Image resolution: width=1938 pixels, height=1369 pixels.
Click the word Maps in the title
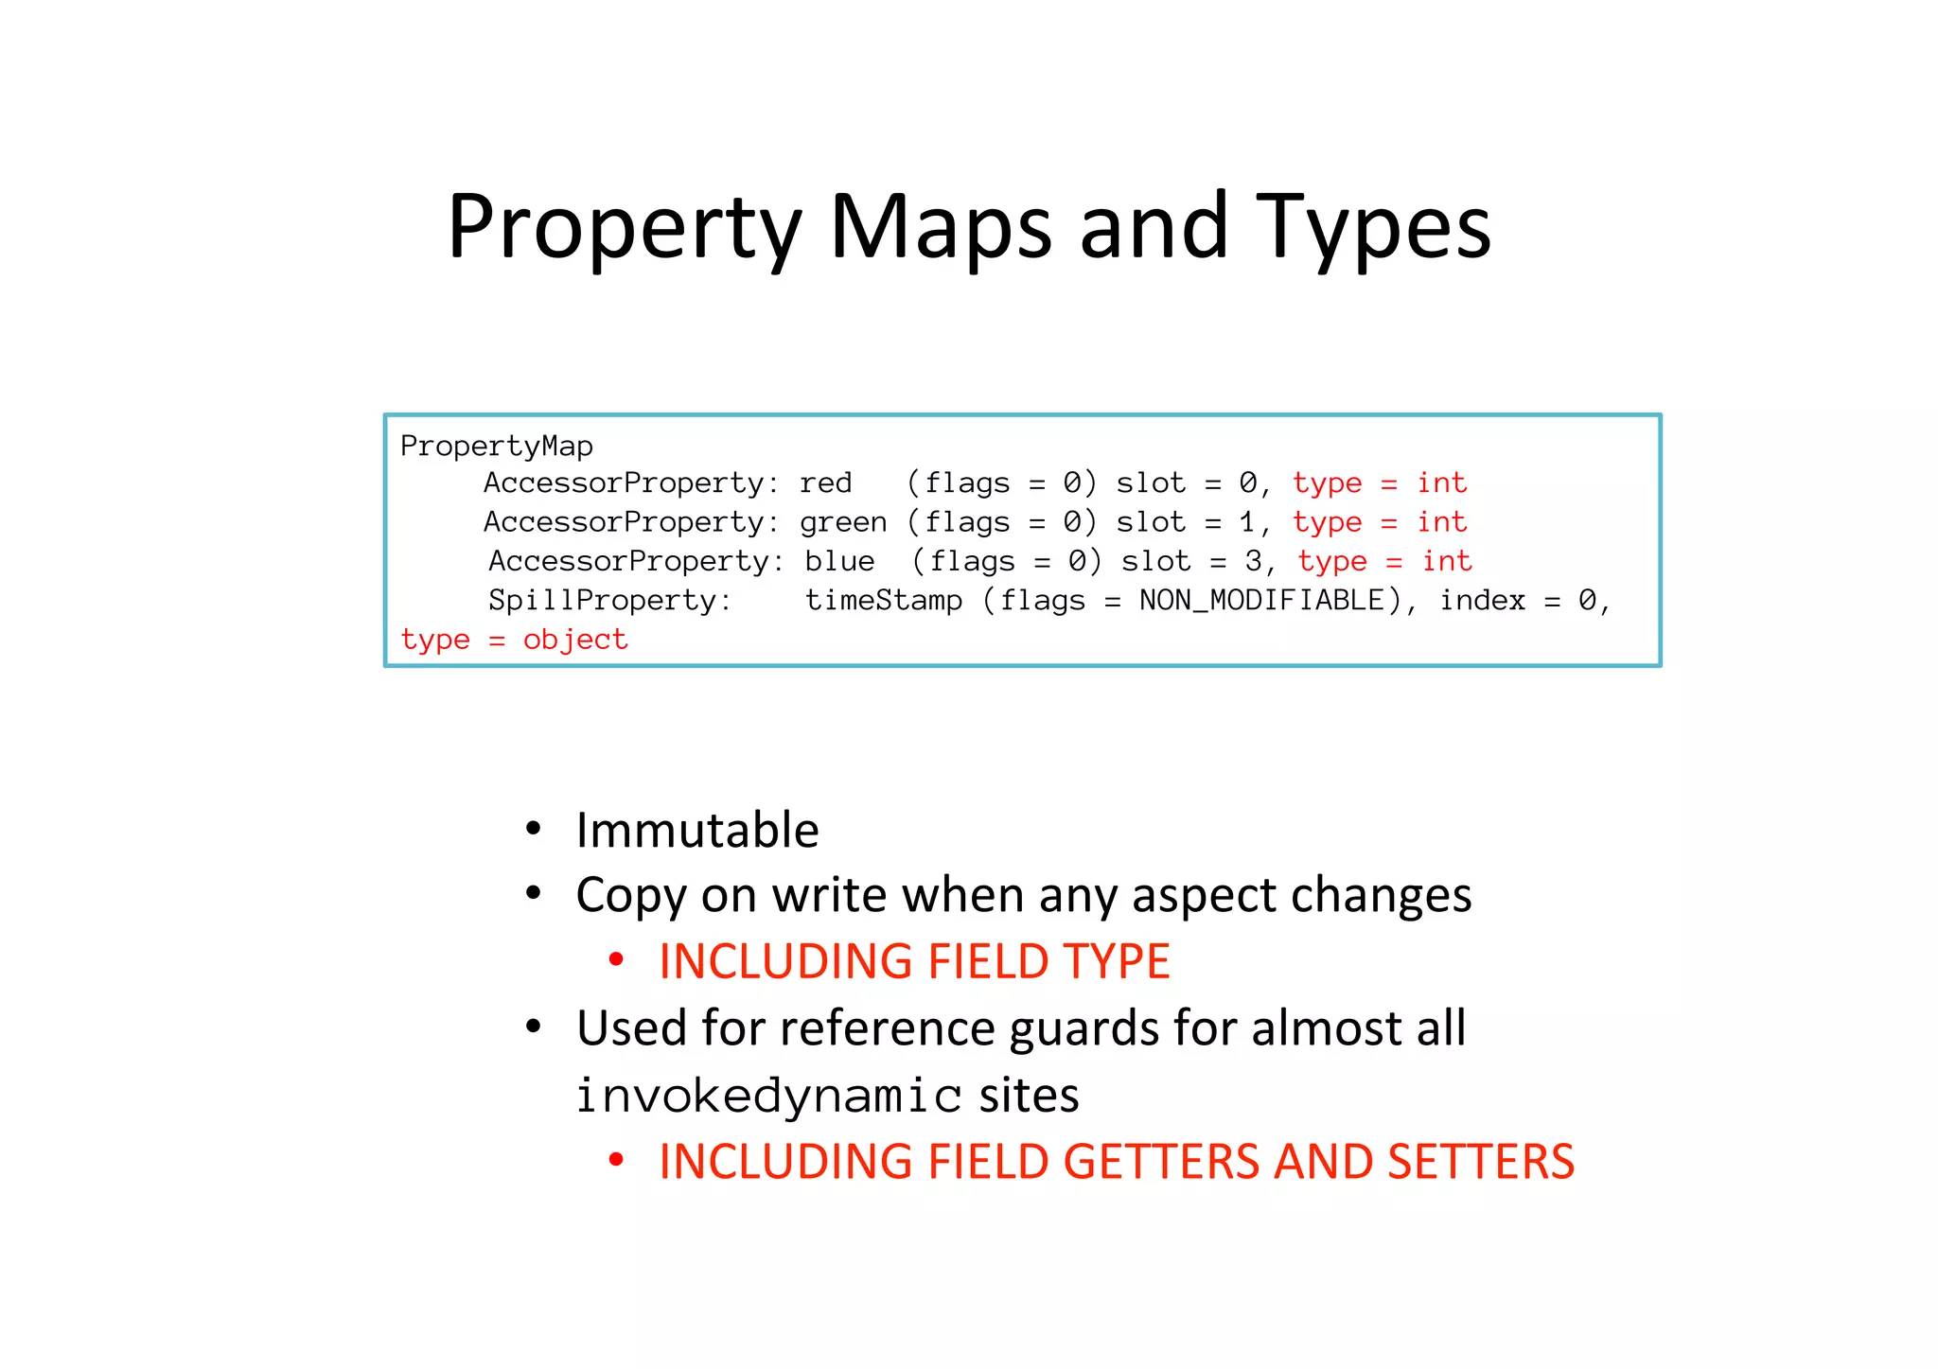[x=941, y=227]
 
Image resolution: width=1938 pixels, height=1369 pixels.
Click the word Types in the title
[x=1373, y=227]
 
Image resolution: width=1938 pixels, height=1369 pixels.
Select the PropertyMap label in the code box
[x=496, y=446]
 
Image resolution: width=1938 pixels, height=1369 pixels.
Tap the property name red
[x=825, y=483]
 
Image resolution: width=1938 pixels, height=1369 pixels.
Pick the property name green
[x=843, y=522]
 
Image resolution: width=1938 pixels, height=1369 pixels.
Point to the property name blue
[x=839, y=562]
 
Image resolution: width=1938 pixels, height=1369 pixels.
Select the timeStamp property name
[x=883, y=601]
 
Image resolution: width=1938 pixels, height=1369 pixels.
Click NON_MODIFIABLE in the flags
[x=1261, y=601]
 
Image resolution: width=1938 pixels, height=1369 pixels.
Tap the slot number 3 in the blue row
[x=1253, y=562]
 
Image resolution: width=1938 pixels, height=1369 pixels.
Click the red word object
[x=574, y=641]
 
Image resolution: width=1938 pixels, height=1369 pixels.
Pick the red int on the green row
[x=1441, y=522]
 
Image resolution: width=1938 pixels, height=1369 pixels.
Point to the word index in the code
[x=1482, y=601]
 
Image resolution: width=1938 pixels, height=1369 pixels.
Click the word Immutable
[x=697, y=831]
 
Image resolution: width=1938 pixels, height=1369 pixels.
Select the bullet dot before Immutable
[x=534, y=829]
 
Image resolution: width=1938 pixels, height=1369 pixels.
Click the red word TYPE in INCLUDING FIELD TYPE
[x=1117, y=961]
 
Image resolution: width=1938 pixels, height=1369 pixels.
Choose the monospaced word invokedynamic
[x=768, y=1096]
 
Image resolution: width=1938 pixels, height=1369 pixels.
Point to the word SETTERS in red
[x=1480, y=1162]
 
